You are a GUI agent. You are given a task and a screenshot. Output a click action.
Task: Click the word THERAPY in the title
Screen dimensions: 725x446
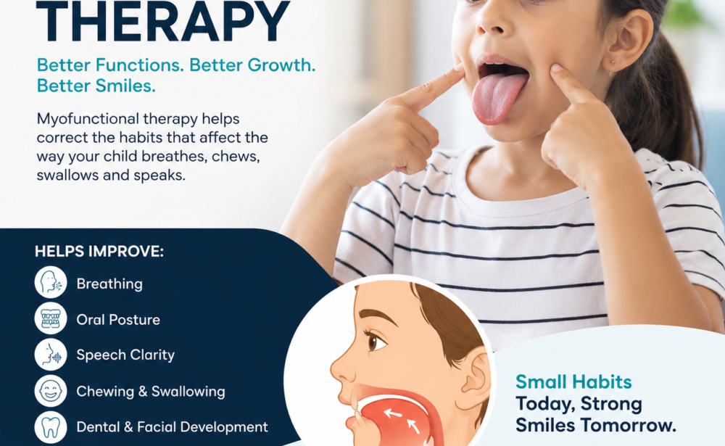(x=162, y=21)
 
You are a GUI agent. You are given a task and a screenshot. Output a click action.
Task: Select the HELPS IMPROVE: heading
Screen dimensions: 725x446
(x=99, y=251)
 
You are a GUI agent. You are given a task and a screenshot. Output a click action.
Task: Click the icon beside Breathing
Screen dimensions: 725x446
(x=51, y=282)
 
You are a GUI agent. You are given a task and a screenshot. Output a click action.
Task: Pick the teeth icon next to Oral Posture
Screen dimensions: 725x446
(x=51, y=318)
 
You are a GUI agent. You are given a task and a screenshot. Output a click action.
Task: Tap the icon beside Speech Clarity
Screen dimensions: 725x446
(x=51, y=355)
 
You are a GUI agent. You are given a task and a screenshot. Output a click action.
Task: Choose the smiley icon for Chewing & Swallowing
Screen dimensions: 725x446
(x=51, y=390)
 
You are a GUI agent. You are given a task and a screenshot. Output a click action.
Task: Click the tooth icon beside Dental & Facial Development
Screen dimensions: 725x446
(x=51, y=426)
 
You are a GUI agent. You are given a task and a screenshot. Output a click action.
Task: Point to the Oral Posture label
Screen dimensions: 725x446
(x=118, y=320)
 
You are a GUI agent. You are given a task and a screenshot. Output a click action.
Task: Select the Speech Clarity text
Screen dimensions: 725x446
(x=125, y=355)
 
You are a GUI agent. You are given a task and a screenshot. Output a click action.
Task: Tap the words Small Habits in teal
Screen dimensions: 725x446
(x=573, y=381)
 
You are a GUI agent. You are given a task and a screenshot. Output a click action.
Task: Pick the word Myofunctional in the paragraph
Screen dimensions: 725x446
(x=88, y=120)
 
